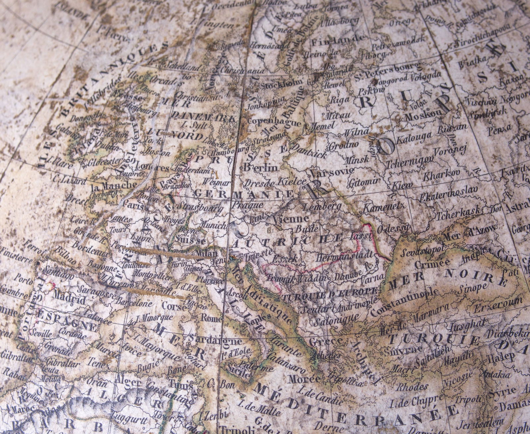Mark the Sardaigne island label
click(209, 340)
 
